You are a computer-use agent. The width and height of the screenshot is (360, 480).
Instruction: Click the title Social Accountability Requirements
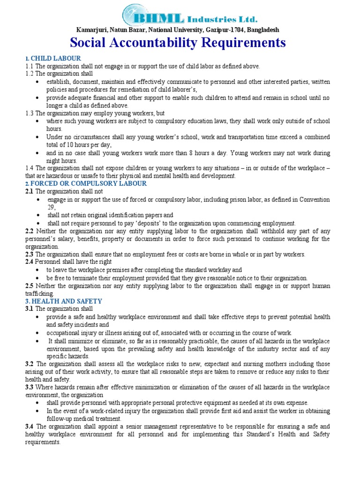(178, 43)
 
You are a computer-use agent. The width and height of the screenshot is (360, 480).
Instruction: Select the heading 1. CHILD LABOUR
(53, 58)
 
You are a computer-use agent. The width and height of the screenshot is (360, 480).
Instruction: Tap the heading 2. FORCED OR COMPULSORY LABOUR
(86, 183)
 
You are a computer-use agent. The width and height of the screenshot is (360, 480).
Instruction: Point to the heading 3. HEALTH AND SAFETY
(64, 301)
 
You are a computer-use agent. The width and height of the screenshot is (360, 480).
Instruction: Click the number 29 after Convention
(51, 207)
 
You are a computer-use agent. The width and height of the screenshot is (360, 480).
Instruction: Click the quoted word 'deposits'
(166, 223)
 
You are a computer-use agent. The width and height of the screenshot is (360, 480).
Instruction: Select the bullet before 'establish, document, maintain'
(37, 82)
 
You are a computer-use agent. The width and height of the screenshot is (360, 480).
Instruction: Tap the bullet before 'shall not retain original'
(37, 215)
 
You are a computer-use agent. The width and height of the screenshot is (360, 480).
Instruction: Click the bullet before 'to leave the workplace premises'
(37, 270)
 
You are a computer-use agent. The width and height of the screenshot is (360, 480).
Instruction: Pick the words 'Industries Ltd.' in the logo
(222, 20)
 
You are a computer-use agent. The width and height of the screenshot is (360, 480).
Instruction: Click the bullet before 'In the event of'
(37, 411)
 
